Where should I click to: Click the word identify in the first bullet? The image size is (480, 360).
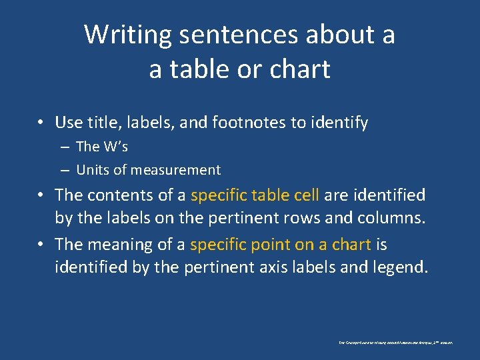tap(341, 123)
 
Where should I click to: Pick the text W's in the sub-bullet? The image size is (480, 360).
tap(115, 147)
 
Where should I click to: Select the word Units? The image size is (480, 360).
tap(93, 170)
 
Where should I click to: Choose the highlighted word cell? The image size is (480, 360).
tap(303, 195)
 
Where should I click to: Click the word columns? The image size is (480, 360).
tap(393, 219)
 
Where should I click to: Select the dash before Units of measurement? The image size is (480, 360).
tap(67, 170)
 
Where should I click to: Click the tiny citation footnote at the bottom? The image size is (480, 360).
tap(395, 342)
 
